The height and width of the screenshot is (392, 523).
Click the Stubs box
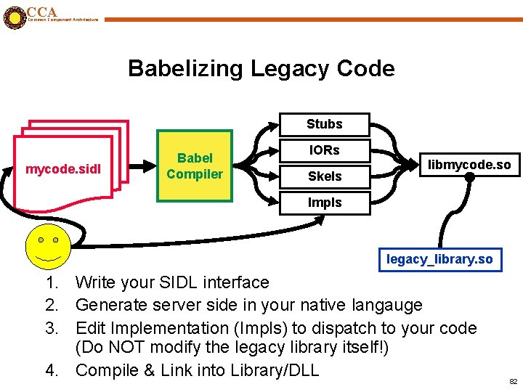tap(324, 124)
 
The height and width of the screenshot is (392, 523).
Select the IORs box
tap(324, 150)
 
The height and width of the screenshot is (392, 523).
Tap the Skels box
tap(324, 176)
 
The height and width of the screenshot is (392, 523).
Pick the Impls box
tap(324, 203)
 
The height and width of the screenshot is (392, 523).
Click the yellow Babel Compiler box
tap(195, 166)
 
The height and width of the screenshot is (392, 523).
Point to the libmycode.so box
tap(469, 164)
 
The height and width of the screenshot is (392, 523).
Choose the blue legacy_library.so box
tap(439, 259)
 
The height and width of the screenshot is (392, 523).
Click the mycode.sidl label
tap(63, 170)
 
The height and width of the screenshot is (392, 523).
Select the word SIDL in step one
tap(172, 282)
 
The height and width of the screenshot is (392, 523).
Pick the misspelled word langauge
tap(388, 305)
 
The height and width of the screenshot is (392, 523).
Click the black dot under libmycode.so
tap(469, 176)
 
